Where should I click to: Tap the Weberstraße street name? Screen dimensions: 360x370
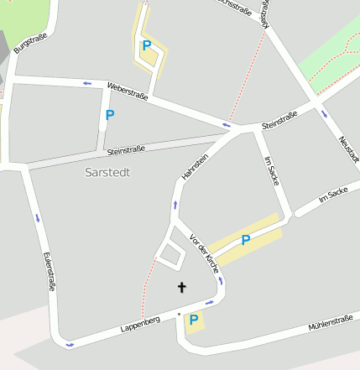coord(128,91)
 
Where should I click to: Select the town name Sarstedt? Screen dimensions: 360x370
coord(108,172)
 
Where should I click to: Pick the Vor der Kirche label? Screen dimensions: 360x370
coord(206,252)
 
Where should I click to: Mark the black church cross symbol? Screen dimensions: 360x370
coord(181,288)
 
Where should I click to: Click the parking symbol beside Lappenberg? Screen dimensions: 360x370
coord(194,320)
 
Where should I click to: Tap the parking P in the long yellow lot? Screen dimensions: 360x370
coord(246,241)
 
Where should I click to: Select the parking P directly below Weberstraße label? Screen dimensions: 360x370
coord(109,115)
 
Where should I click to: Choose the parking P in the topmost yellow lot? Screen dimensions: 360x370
coord(147,46)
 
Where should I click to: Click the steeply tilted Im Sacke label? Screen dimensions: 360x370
coord(270,170)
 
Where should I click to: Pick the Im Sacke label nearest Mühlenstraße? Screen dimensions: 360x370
coord(332,195)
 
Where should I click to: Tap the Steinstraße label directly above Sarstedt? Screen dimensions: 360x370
coord(126,150)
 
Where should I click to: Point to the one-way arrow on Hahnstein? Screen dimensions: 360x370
coord(175,205)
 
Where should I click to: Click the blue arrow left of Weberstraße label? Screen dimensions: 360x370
coord(86,83)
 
